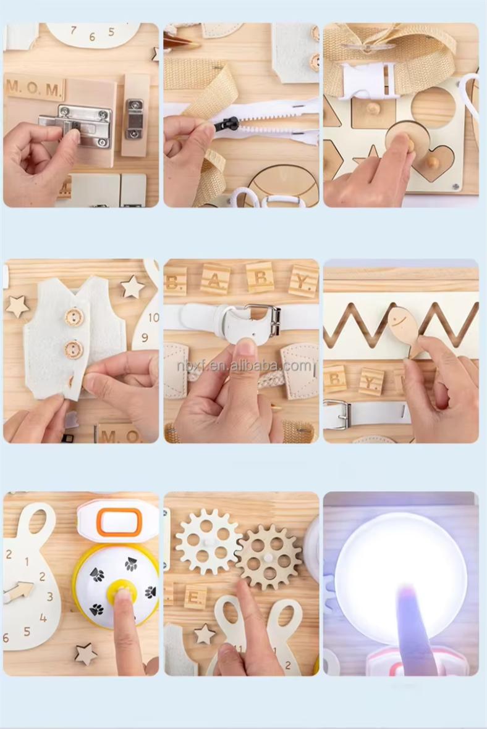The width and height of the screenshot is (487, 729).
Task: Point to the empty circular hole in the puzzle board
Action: tap(433, 107)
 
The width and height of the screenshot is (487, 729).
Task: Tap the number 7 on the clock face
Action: tap(74, 30)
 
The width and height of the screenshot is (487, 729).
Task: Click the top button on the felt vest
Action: tap(74, 317)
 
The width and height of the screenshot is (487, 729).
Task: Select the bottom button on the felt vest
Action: tap(74, 349)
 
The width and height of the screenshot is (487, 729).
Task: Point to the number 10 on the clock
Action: tap(153, 317)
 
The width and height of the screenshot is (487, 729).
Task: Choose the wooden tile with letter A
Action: tap(215, 279)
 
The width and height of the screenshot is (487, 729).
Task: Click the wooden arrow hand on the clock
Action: tap(18, 592)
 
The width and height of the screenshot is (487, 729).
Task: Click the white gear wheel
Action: tap(207, 541)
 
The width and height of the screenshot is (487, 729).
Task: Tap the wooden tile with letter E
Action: tap(195, 596)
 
